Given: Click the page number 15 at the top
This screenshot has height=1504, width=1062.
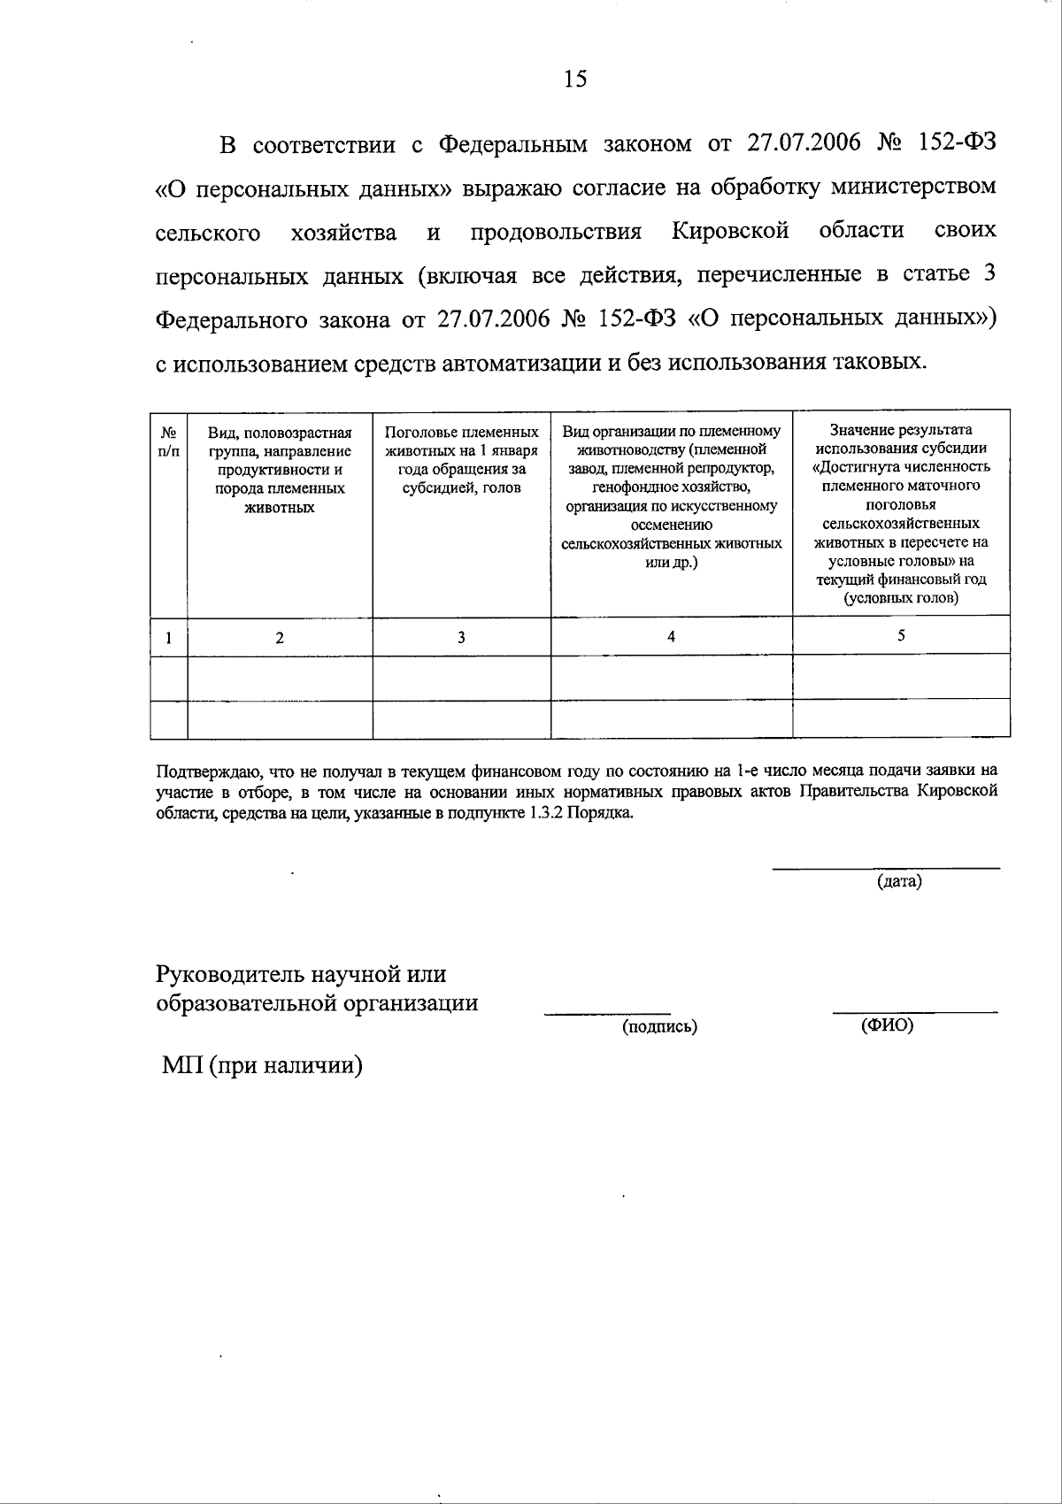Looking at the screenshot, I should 575,80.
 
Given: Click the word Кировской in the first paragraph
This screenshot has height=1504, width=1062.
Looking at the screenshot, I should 730,232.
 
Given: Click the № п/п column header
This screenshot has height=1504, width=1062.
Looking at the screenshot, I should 169,441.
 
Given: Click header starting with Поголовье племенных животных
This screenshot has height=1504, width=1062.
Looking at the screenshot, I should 461,460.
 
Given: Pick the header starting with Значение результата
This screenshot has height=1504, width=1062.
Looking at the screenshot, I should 901,513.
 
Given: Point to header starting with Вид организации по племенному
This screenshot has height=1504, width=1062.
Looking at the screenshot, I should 672,496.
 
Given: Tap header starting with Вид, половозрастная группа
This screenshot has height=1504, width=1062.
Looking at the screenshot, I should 280,470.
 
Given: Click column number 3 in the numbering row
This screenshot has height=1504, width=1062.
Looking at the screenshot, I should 461,637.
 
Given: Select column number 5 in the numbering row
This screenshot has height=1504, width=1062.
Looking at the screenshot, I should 901,635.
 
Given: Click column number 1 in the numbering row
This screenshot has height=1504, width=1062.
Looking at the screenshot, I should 169,637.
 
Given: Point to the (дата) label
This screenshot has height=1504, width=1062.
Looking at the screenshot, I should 899,882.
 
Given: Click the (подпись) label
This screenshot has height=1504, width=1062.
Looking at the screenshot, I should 659,1026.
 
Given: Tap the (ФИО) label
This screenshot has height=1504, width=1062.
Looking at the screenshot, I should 887,1025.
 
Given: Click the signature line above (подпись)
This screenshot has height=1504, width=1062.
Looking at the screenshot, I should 607,1012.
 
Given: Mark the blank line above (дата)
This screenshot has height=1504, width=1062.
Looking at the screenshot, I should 886,869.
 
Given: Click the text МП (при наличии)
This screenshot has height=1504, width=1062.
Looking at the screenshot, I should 263,1066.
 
